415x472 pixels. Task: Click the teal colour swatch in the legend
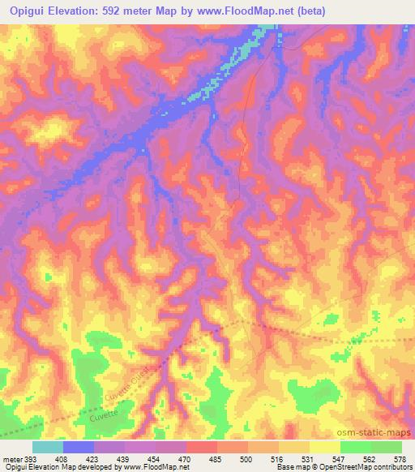pyautogui.click(x=48, y=447)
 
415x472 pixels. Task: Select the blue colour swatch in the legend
pyautogui.click(x=79, y=447)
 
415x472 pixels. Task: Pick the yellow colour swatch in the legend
pyautogui.click(x=325, y=447)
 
